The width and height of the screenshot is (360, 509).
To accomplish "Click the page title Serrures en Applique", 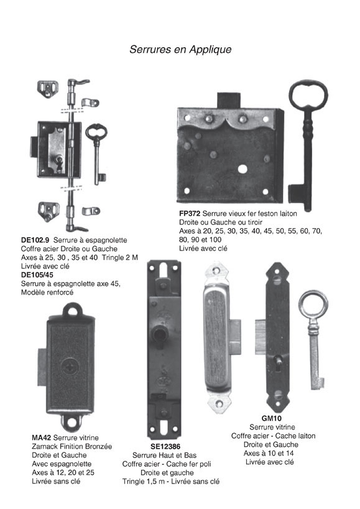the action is (x=180, y=49).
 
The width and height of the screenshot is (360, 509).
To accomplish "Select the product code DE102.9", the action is (x=35, y=241).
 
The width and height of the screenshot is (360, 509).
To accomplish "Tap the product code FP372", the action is (x=190, y=214).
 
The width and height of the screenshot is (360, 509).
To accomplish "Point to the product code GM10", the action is (x=271, y=418).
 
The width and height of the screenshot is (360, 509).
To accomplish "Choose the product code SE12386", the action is (x=165, y=447).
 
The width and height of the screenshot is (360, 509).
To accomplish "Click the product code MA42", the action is (x=42, y=438).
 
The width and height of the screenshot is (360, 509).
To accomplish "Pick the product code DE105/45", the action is (x=37, y=275).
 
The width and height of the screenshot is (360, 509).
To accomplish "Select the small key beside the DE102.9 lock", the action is (x=97, y=152).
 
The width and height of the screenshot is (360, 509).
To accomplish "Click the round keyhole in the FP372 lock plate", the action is (x=242, y=169).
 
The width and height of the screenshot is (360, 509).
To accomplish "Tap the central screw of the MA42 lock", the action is (x=70, y=367).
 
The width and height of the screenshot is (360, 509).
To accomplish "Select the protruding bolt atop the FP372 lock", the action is (x=229, y=100).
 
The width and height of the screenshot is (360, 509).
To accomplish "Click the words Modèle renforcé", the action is (x=47, y=292).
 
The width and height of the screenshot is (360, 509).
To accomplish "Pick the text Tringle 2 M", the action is (x=120, y=257).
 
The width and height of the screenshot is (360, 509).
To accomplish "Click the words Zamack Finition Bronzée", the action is (x=72, y=446).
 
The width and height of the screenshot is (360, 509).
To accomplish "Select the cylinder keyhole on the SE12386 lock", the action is (x=159, y=337).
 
